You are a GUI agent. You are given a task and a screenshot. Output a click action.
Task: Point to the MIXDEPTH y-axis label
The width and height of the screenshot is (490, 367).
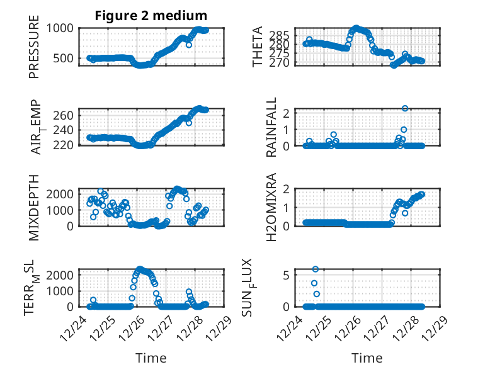click(x=34, y=207)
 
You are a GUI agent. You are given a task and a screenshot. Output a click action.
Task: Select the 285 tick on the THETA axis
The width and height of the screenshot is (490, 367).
click(x=283, y=34)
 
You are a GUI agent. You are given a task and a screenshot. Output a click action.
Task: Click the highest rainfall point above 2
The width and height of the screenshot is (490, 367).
click(x=405, y=108)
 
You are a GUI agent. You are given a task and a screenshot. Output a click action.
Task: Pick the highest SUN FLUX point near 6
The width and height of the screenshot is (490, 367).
click(x=316, y=269)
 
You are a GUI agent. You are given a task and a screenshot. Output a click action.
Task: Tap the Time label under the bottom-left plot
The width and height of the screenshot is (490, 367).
click(x=151, y=358)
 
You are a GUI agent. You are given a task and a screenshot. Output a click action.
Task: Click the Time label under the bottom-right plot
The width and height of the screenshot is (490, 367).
click(x=367, y=358)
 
